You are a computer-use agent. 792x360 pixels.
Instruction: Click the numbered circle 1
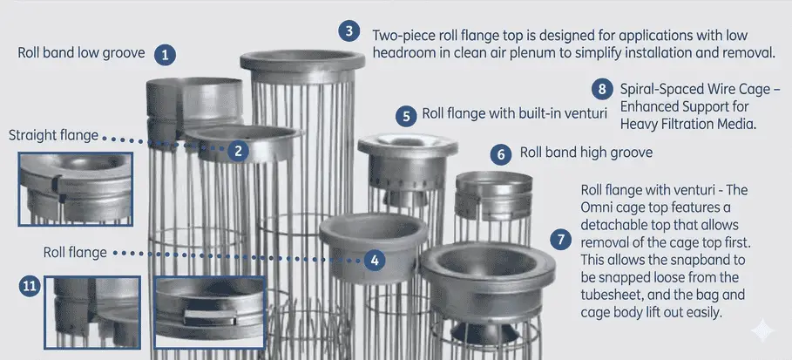click(165, 54)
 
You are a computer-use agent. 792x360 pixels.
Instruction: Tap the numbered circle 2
click(237, 150)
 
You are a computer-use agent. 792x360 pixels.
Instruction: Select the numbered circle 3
click(349, 32)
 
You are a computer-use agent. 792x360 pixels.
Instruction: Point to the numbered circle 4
click(374, 259)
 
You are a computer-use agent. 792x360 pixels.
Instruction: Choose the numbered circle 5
click(405, 115)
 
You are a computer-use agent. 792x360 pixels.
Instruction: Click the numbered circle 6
click(500, 154)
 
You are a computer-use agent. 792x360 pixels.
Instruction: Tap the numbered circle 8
click(600, 89)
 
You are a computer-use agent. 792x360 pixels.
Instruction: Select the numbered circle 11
click(30, 286)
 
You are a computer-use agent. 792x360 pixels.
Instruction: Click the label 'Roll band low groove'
click(82, 53)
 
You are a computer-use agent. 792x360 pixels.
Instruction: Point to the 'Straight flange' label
click(53, 136)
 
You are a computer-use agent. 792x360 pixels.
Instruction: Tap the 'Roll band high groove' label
click(586, 153)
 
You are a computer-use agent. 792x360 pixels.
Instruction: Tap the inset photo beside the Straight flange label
click(75, 189)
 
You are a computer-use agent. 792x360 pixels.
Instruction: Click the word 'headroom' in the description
click(398, 52)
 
